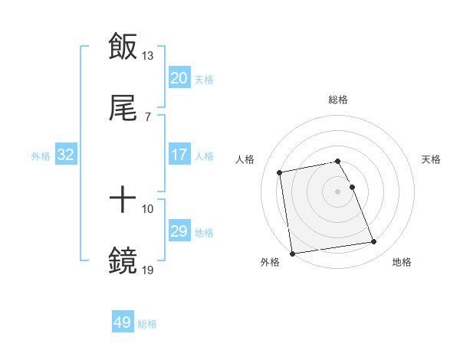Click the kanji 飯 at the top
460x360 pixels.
point(123,47)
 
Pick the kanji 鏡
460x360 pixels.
point(123,261)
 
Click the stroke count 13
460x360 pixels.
point(148,56)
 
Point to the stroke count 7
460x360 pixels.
point(147,116)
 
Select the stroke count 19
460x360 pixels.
point(148,270)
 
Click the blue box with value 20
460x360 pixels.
point(179,78)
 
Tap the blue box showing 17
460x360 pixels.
point(179,155)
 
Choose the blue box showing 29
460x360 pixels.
point(179,231)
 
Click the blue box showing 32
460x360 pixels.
point(66,155)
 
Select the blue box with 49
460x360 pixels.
point(123,322)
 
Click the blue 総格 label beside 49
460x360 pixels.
point(147,324)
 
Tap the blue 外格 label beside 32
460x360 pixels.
point(41,156)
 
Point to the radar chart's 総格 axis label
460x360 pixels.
point(338,100)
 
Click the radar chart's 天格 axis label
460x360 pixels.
point(432,159)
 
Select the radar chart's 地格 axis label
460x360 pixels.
point(402,263)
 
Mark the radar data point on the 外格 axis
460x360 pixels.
point(291,253)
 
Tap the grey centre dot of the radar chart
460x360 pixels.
point(338,191)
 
